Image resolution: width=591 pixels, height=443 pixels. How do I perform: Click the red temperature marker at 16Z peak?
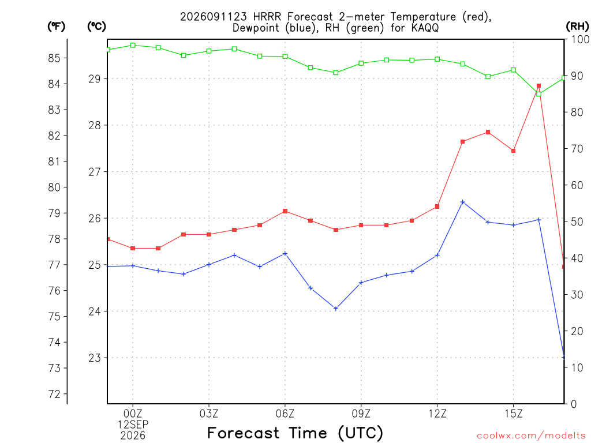pyautogui.click(x=538, y=86)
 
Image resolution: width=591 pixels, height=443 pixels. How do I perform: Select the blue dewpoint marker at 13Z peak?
pyautogui.click(x=463, y=202)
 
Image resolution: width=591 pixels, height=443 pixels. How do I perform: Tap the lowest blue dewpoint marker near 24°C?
pyautogui.click(x=336, y=309)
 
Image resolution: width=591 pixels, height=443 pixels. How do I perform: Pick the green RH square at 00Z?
pyautogui.click(x=133, y=45)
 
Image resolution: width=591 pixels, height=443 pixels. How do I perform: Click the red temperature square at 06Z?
pyautogui.click(x=285, y=211)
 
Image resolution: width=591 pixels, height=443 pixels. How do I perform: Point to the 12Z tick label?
pyautogui.click(x=437, y=414)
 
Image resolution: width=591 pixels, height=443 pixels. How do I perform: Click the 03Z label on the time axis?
pyautogui.click(x=209, y=414)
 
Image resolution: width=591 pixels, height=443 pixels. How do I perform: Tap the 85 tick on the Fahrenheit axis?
pyautogui.click(x=54, y=58)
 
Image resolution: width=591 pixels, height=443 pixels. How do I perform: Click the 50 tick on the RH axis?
pyautogui.click(x=577, y=221)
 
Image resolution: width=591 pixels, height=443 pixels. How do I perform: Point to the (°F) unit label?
pyautogui.click(x=56, y=27)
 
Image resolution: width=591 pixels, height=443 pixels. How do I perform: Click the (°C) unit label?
pyautogui.click(x=96, y=27)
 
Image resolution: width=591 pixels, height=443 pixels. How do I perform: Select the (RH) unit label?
pyautogui.click(x=577, y=27)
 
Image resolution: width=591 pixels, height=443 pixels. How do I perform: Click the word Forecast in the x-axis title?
pyautogui.click(x=244, y=433)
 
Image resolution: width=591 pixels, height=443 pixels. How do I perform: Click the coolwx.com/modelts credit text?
pyautogui.click(x=531, y=436)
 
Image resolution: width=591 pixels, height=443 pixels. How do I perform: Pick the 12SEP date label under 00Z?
pyautogui.click(x=133, y=425)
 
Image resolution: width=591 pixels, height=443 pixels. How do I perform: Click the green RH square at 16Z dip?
pyautogui.click(x=538, y=94)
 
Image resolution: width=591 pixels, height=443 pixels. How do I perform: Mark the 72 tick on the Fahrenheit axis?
pyautogui.click(x=54, y=395)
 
